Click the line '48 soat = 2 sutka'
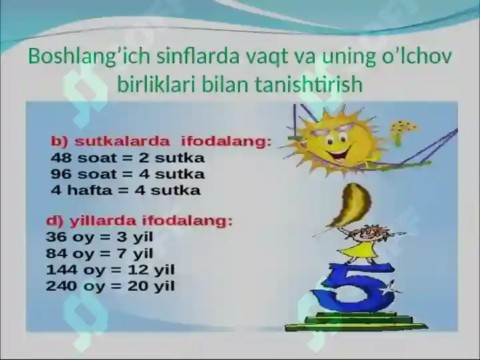click(128, 159)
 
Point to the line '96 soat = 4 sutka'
click(128, 175)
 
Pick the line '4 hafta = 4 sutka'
click(126, 191)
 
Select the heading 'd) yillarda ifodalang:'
click(139, 221)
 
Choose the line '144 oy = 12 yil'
click(110, 270)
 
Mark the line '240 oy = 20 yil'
click(110, 287)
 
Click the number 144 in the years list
click(60, 270)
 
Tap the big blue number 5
click(353, 287)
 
